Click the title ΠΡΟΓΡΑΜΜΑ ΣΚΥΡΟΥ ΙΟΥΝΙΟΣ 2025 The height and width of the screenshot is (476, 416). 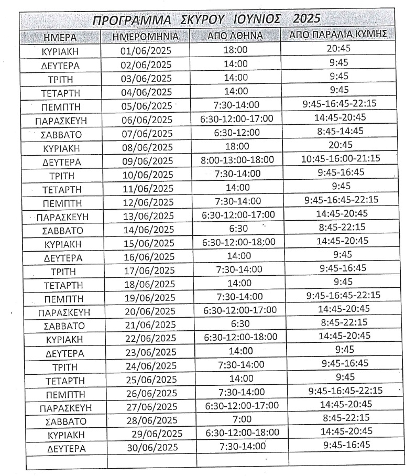pyautogui.click(x=206, y=20)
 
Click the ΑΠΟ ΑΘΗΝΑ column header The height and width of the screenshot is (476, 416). pyautogui.click(x=235, y=36)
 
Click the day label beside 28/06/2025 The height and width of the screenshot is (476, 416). pyautogui.click(x=62, y=421)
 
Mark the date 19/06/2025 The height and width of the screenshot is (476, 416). pyautogui.click(x=148, y=298)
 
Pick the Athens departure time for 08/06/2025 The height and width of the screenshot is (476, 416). pyautogui.click(x=237, y=146)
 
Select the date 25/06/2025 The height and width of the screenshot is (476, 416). pyautogui.click(x=150, y=379)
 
